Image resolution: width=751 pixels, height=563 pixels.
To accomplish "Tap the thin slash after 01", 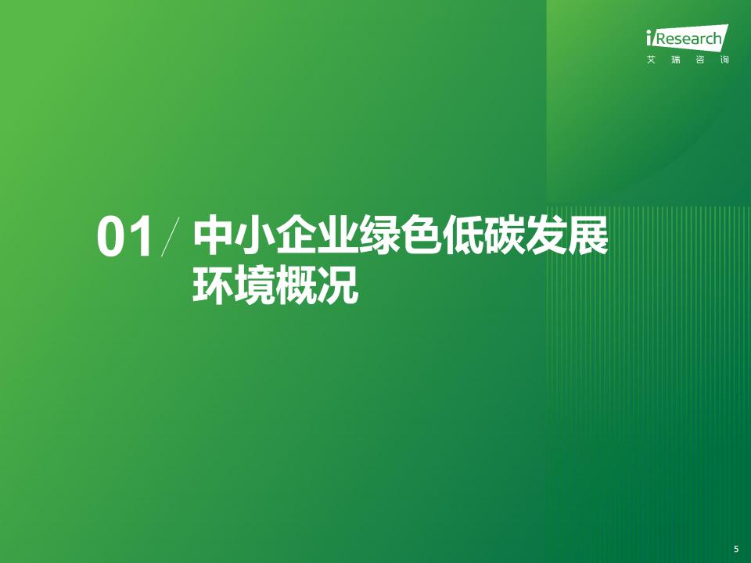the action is (171, 236).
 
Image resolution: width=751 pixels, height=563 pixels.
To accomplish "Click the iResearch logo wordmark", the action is (687, 38).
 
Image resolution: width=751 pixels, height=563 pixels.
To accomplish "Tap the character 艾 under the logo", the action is (651, 60).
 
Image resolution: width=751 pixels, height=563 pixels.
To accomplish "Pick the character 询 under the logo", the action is (724, 60).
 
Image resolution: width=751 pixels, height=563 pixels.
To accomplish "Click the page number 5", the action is (736, 550).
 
